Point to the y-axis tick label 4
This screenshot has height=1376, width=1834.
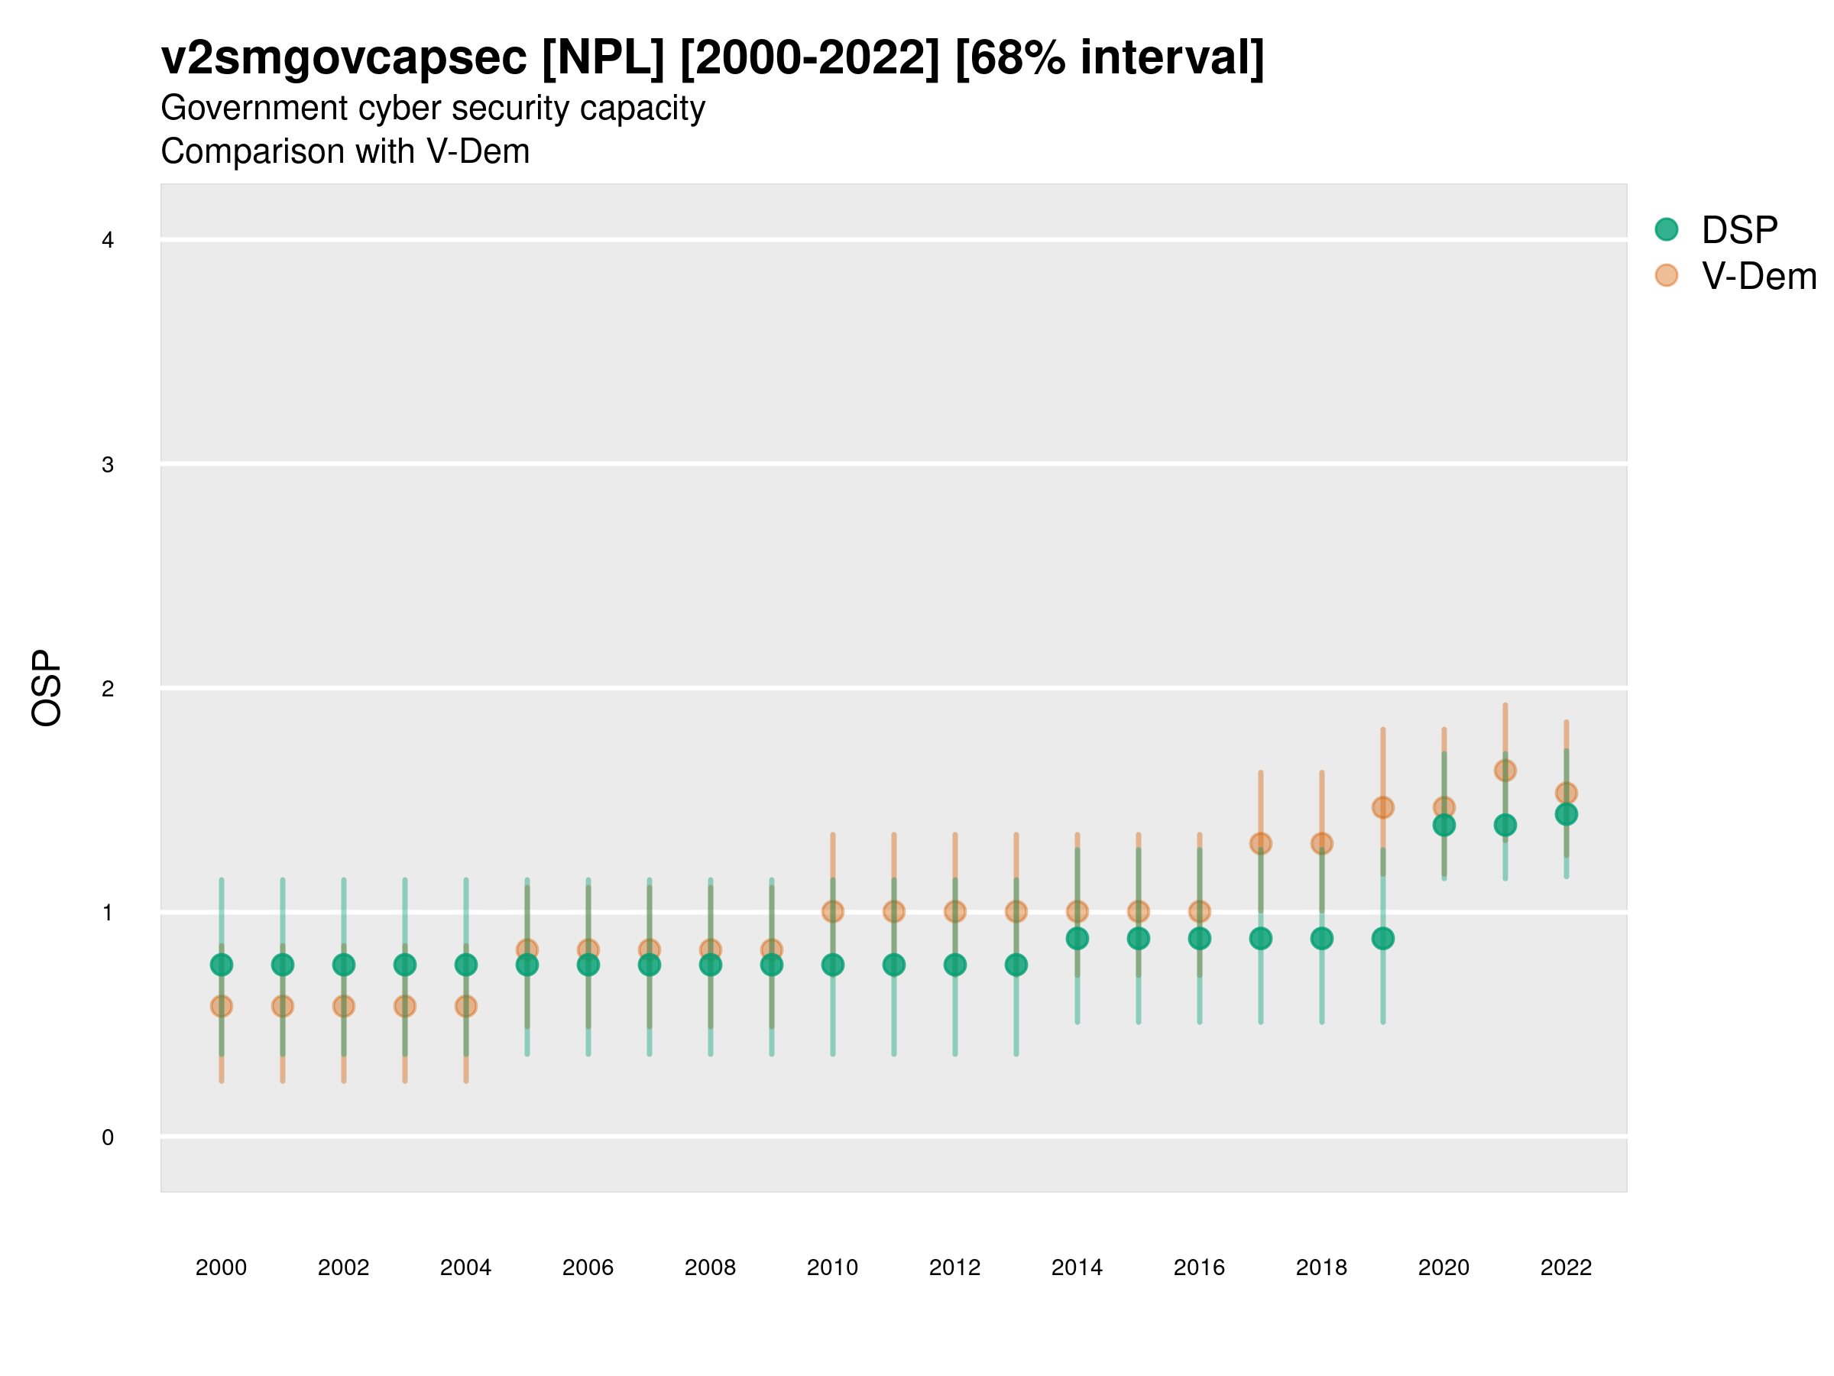108,241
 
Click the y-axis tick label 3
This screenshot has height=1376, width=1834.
108,465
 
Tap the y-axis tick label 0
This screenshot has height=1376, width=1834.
108,1137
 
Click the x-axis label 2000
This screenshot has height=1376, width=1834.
222,1267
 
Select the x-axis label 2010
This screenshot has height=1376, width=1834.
832,1267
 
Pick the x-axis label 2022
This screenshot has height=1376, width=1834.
1567,1267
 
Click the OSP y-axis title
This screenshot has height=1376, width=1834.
47,689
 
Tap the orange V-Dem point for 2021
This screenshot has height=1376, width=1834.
1505,771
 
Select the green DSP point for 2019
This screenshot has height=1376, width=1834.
1383,938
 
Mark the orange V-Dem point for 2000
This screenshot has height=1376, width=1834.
222,1006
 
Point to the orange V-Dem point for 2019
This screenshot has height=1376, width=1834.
1383,807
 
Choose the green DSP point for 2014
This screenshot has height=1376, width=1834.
1077,938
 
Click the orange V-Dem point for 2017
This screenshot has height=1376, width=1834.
1261,843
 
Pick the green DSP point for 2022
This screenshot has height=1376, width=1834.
1567,814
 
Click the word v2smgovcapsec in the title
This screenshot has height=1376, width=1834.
344,58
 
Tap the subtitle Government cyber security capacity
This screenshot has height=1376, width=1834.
433,109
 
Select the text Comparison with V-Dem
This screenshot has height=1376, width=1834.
345,152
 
